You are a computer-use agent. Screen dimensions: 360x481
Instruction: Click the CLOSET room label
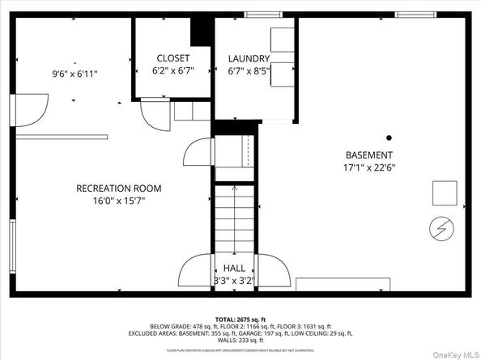(172, 58)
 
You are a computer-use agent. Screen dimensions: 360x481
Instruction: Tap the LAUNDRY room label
(249, 58)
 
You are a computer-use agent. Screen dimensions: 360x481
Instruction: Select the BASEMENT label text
(369, 155)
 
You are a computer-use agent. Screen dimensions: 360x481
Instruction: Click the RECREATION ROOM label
(118, 188)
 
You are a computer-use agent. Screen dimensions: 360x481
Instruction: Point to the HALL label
(235, 268)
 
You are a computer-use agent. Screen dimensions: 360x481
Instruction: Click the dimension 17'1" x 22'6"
(369, 168)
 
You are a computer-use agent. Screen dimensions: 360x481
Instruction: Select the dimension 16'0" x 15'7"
(118, 201)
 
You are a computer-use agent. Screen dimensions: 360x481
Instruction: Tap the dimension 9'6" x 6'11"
(75, 74)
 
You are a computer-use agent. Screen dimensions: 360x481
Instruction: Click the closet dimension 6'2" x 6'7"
(172, 70)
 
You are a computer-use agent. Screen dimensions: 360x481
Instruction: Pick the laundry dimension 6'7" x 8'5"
(249, 70)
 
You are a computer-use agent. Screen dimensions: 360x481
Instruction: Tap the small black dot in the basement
(389, 137)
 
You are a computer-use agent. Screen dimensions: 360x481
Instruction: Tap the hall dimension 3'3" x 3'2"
(235, 281)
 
